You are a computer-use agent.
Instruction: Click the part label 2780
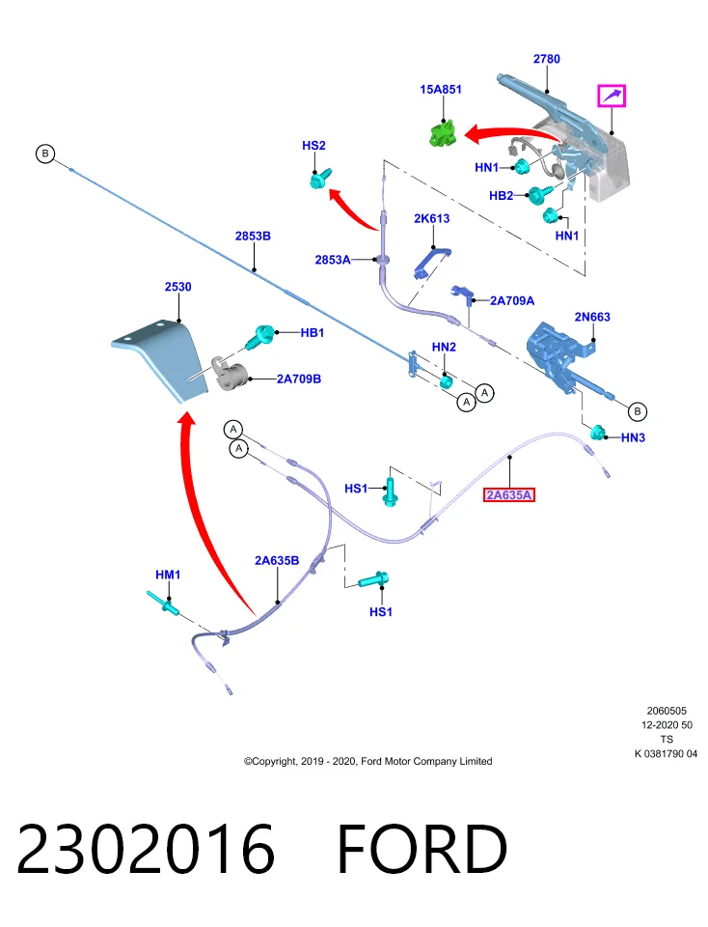[x=546, y=59]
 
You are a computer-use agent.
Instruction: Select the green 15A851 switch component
[x=443, y=132]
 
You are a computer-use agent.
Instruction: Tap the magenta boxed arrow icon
[x=612, y=96]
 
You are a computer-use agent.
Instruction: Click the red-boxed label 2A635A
[x=509, y=494]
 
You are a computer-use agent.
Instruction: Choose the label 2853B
[x=253, y=236]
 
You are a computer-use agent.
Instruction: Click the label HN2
[x=444, y=347]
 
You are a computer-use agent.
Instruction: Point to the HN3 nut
[x=598, y=433]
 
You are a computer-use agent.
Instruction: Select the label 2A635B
[x=276, y=560]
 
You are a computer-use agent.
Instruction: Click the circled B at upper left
[x=45, y=154]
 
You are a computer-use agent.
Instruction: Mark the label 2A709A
[x=512, y=301]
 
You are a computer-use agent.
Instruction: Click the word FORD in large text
[x=422, y=849]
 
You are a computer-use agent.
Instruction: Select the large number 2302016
[x=146, y=849]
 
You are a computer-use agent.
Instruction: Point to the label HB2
[x=501, y=196]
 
